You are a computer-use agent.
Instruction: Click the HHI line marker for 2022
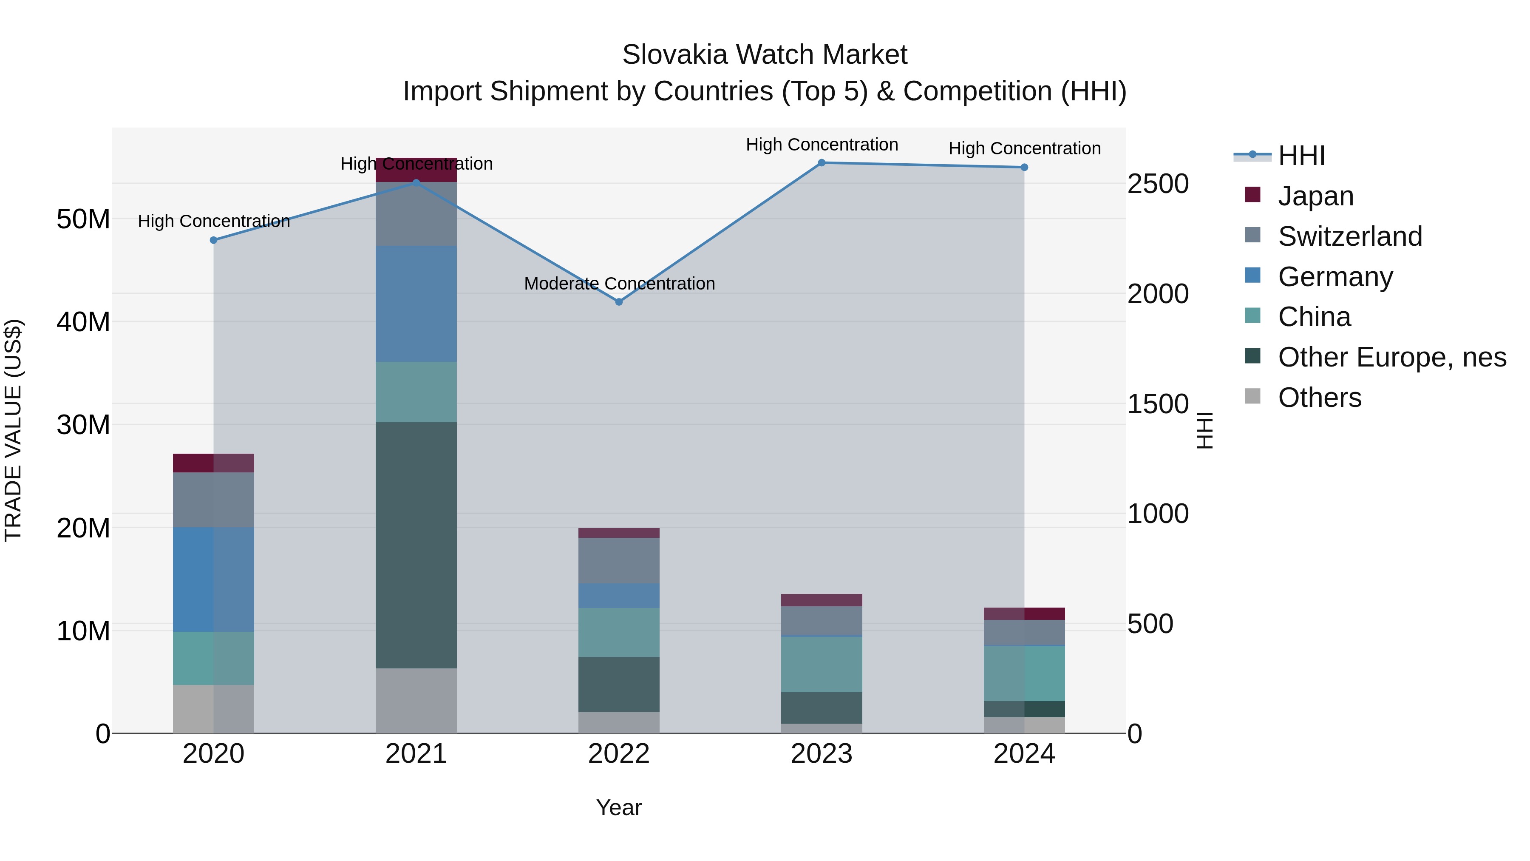(x=619, y=302)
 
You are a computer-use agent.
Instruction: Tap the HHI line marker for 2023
(x=822, y=163)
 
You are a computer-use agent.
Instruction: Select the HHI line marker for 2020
(x=214, y=240)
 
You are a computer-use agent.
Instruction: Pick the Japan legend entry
(x=1315, y=196)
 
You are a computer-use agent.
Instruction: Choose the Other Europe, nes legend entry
(x=1391, y=357)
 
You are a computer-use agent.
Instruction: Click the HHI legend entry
(x=1301, y=156)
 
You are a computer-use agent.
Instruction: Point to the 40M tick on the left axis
(x=83, y=322)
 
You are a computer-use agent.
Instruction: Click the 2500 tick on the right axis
(x=1158, y=184)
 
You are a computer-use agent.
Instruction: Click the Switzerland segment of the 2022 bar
(x=619, y=560)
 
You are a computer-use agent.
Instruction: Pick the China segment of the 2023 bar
(x=822, y=664)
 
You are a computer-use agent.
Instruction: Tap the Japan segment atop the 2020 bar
(x=213, y=463)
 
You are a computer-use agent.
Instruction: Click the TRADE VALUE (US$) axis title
(x=13, y=430)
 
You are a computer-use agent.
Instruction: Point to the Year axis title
(x=619, y=807)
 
